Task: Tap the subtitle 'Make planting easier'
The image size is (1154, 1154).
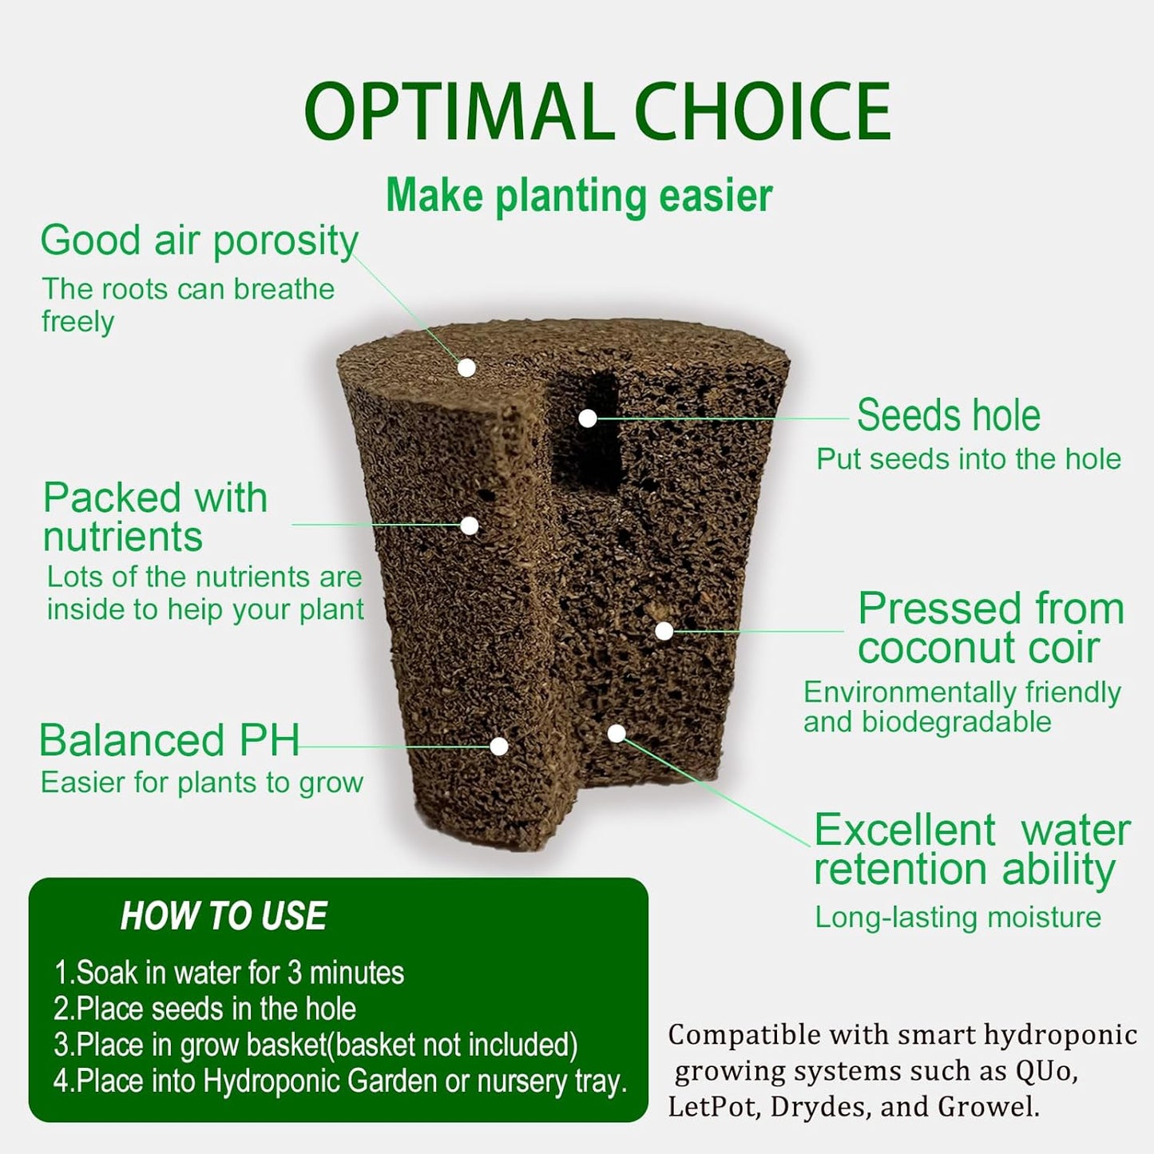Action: coord(579,196)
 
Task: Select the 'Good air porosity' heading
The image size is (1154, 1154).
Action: coord(199,240)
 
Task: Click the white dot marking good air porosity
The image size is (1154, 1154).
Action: coord(467,367)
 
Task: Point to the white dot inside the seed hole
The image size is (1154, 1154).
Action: coord(588,418)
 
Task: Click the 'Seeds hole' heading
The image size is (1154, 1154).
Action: coord(949,415)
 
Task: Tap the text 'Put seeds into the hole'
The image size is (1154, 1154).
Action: coord(968,459)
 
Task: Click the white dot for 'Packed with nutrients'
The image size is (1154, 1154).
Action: coord(470,525)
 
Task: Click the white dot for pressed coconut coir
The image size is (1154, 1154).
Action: coord(664,631)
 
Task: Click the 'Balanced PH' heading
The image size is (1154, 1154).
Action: coord(169,740)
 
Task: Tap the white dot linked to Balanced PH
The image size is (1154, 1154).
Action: coord(499,746)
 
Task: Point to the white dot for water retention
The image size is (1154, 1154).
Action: coord(617,733)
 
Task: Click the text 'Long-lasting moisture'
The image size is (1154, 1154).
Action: coord(958,917)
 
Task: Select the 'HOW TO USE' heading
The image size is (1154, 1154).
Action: coord(224,916)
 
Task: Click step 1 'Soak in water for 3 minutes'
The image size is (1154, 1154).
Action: coord(229,973)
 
